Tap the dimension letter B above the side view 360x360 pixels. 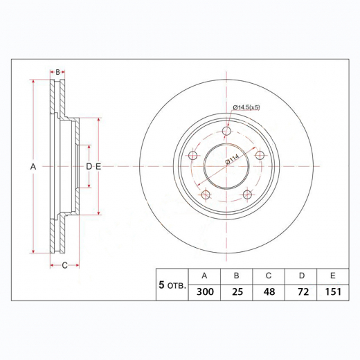pyautogui.click(x=58, y=72)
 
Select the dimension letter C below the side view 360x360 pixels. pyautogui.click(x=64, y=265)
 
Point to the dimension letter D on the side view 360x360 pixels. pyautogui.click(x=89, y=167)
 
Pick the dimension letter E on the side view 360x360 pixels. pyautogui.click(x=98, y=167)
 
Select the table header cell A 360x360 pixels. pyautogui.click(x=204, y=275)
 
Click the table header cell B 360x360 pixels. pyautogui.click(x=236, y=275)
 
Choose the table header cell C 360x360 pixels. pyautogui.click(x=269, y=275)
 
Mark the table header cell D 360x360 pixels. pyautogui.click(x=301, y=275)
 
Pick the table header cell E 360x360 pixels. pyautogui.click(x=333, y=275)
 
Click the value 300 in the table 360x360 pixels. pyautogui.click(x=204, y=292)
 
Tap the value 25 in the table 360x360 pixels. pyautogui.click(x=236, y=292)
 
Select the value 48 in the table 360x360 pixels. pyautogui.click(x=269, y=292)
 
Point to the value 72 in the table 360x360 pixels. pyautogui.click(x=301, y=292)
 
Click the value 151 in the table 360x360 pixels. pyautogui.click(x=333, y=292)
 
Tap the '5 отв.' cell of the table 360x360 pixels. pyautogui.click(x=172, y=284)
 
